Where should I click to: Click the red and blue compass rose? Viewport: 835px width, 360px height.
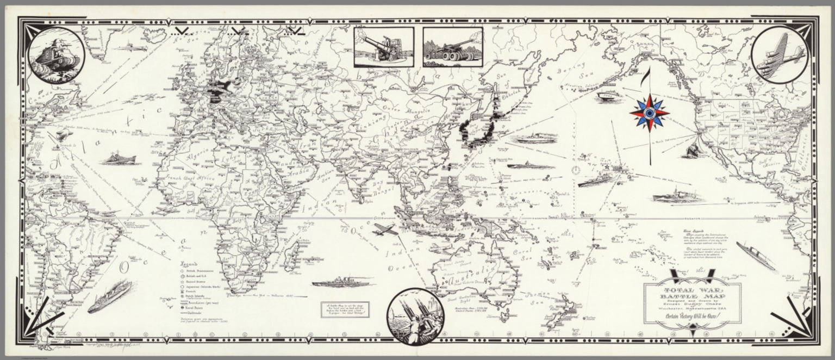[649, 113]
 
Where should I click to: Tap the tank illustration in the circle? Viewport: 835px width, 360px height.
[56, 55]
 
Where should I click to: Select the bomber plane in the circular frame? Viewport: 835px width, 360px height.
[779, 55]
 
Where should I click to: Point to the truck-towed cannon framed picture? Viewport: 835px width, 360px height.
[452, 47]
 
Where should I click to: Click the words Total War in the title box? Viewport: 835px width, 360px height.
[692, 290]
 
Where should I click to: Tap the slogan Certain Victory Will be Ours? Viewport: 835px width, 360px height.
[691, 316]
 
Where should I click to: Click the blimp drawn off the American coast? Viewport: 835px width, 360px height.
[64, 134]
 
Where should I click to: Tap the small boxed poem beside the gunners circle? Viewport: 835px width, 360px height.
[344, 309]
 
